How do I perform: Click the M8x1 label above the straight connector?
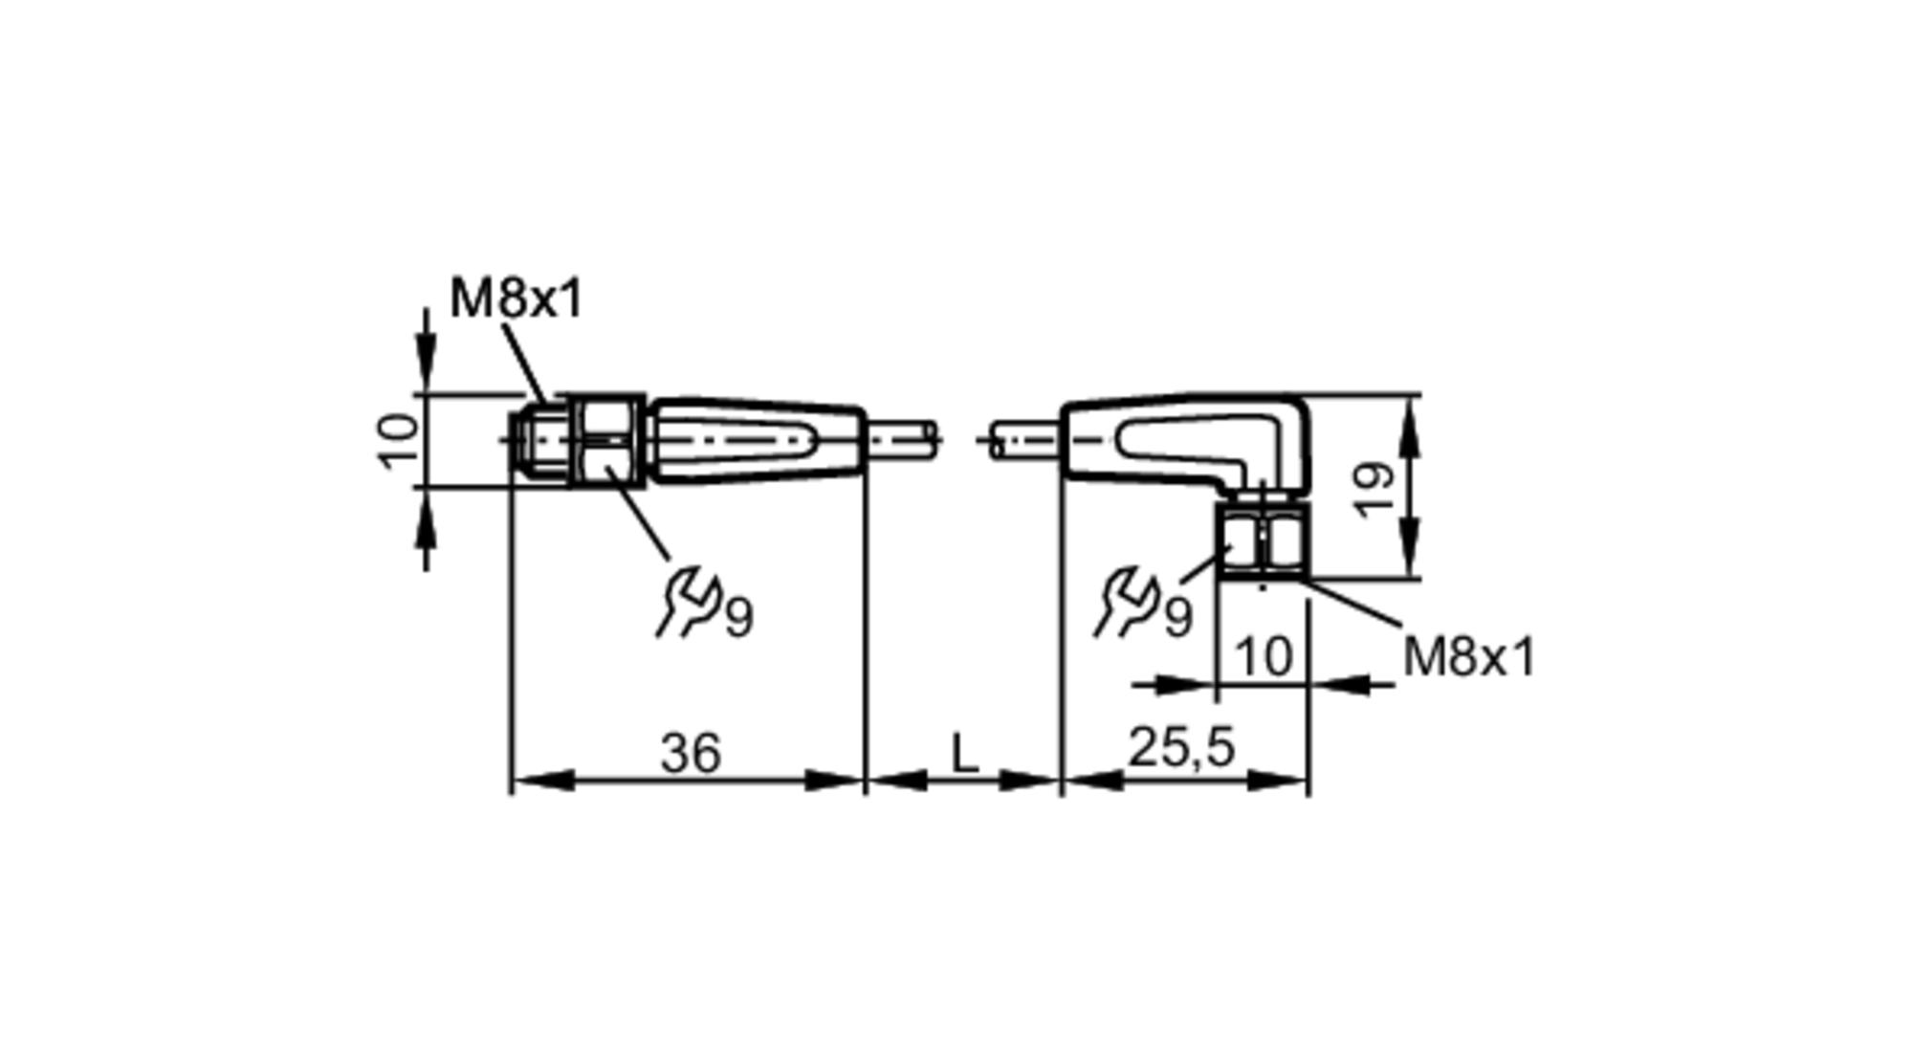(516, 299)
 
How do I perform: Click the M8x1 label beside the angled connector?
(1468, 657)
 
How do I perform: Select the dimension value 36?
(690, 754)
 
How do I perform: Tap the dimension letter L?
(965, 754)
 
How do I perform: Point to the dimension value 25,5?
(1182, 747)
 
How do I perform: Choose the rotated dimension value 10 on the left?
(398, 440)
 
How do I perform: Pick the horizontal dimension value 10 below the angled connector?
(1264, 657)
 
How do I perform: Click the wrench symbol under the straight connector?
(687, 603)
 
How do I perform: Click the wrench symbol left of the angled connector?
(1126, 603)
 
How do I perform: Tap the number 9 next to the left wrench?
(739, 616)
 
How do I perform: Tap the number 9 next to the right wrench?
(1178, 616)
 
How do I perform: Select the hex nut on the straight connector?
(607, 440)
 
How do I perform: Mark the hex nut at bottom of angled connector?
(1263, 542)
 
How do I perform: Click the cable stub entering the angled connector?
(1025, 441)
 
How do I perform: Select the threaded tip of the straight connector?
(541, 441)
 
